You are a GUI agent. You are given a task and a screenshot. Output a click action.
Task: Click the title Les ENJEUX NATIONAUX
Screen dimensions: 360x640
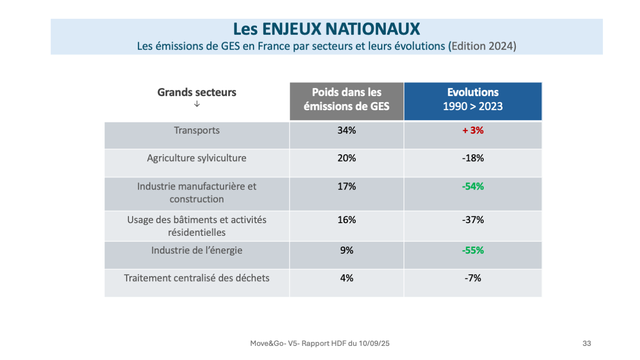[326, 29]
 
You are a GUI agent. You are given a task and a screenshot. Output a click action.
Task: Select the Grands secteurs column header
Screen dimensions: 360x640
[196, 92]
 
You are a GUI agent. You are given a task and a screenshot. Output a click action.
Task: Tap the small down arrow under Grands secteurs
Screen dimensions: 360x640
[197, 104]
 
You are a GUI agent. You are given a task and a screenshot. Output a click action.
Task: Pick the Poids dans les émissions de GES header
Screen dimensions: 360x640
[346, 99]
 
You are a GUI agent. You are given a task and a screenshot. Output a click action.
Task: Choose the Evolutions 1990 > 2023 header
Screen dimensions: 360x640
[473, 99]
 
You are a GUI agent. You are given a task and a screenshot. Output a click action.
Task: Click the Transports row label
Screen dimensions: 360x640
[196, 130]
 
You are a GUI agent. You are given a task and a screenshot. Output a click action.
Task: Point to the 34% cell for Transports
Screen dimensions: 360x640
[346, 130]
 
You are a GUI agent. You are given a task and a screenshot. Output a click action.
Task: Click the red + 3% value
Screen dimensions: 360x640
[473, 130]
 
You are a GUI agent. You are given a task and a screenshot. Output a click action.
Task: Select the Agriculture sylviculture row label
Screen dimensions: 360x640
[196, 158]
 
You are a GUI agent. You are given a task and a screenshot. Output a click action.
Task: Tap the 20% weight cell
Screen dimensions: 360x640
[346, 158]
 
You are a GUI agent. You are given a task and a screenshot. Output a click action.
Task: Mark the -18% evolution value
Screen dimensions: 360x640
[473, 158]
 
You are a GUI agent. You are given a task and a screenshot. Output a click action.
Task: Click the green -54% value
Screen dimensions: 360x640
[473, 186]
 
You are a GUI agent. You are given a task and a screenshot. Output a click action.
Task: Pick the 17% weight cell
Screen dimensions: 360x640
[346, 186]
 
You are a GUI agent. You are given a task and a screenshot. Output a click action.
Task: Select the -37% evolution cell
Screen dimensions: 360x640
[473, 219]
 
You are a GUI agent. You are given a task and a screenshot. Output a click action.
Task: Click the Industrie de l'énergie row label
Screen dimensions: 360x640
[196, 250]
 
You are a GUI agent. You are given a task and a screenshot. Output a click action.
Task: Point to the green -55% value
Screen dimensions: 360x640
[473, 250]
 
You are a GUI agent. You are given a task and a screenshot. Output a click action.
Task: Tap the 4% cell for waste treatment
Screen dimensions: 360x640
[346, 278]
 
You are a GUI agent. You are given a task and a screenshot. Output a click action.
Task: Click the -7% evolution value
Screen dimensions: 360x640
[473, 278]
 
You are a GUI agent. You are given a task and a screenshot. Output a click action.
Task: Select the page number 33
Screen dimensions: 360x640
[587, 344]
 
